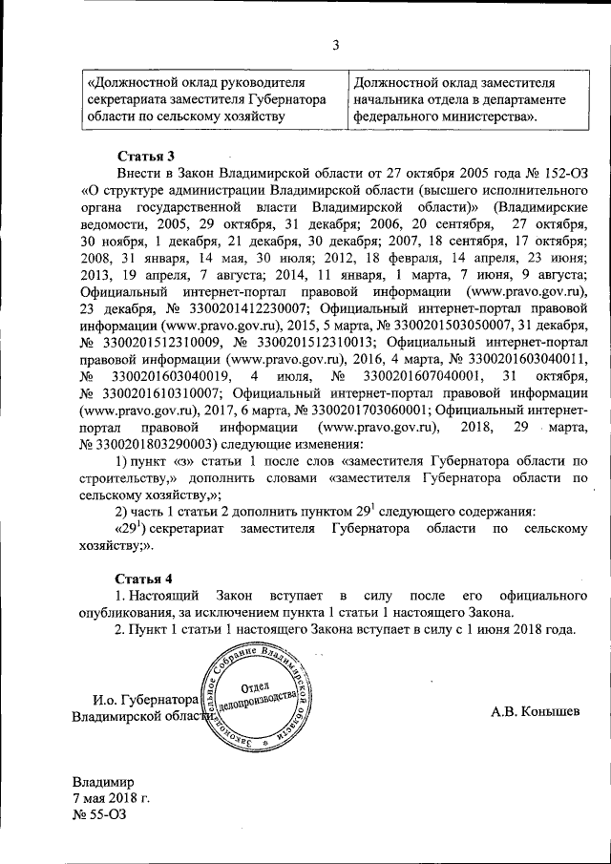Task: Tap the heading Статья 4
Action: click(x=145, y=579)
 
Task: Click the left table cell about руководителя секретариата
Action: click(x=205, y=99)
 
